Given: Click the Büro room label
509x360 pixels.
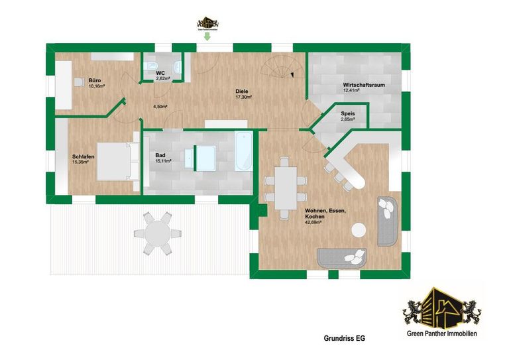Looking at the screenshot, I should pos(95,80).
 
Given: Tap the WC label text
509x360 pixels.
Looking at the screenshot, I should pos(160,72).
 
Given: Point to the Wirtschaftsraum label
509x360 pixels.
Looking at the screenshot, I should pos(363,85).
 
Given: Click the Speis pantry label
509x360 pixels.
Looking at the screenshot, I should pos(348,113).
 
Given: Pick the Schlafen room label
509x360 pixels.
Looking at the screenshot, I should pos(84,156).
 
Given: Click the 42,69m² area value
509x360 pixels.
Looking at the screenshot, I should pos(313,223).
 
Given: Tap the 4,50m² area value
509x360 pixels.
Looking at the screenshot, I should pos(160,106).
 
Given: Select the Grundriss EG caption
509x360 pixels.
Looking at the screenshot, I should pos(344,338).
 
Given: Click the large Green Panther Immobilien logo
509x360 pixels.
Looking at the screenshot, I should pos(441,312).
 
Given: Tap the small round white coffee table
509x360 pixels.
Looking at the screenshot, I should pos(359,230).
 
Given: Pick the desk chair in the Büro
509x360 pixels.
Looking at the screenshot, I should pos(78,82).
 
